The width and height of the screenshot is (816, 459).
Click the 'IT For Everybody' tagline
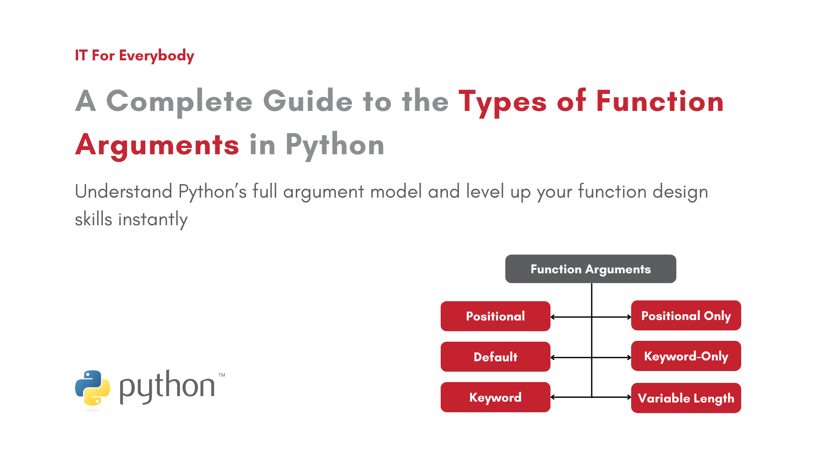pos(134,56)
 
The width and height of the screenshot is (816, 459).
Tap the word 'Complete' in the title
pos(179,102)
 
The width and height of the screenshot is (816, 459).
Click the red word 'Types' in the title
pos(502,102)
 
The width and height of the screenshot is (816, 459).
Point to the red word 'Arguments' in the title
pos(157,145)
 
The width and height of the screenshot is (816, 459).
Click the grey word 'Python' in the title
pos(335,145)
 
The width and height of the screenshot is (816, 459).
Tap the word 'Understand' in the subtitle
pos(124,191)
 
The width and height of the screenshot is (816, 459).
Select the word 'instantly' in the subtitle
pos(153,220)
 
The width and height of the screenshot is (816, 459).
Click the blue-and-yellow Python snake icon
pos(93,388)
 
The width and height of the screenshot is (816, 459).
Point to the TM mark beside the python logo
pos(222,375)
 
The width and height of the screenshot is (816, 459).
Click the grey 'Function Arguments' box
pos(591,269)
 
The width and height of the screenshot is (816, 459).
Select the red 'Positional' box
pos(496,316)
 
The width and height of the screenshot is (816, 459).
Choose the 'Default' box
pos(496,357)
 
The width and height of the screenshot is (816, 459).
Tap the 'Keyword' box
pos(496,397)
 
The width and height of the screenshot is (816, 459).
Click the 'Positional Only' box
pos(686,315)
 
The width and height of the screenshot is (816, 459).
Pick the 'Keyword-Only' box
pos(686,356)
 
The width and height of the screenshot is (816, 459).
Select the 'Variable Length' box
pos(686,398)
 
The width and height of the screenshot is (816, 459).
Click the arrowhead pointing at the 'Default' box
pos(552,357)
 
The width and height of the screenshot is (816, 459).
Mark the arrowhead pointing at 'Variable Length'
pos(629,397)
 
